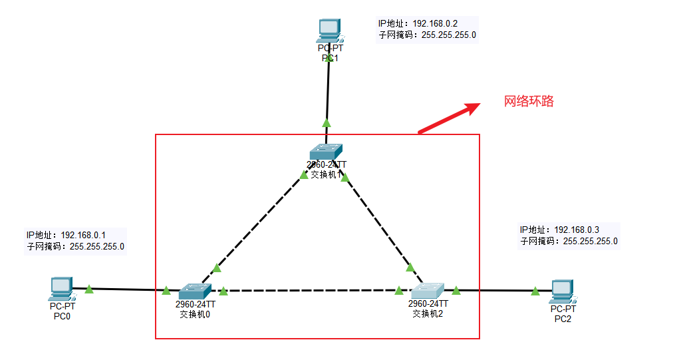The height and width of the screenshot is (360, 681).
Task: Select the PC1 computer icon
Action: point(329,29)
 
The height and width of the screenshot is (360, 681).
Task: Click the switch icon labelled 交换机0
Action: point(195,291)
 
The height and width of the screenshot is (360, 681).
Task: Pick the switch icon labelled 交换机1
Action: point(326,152)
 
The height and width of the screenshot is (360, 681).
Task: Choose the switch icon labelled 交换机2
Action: point(427,291)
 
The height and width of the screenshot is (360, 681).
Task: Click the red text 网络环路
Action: point(529,101)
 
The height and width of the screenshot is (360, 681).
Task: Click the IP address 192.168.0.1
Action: point(83,235)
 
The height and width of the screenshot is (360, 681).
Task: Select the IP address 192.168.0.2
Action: point(435,24)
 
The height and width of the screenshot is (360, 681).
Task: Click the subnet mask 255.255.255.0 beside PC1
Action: point(449,35)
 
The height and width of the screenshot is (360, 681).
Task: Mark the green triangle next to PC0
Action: point(88,289)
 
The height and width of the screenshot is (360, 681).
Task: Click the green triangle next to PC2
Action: point(535,290)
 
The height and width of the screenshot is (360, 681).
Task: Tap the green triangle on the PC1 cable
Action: point(326,122)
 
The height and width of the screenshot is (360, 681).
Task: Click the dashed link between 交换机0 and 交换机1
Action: point(256,223)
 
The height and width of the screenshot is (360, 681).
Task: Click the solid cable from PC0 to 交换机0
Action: point(126,289)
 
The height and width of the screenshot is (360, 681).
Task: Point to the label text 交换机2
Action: point(428,313)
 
